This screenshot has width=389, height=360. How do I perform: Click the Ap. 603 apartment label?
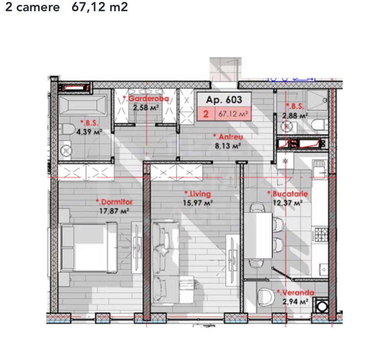[224, 100]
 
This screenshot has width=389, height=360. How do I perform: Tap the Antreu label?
[229, 137]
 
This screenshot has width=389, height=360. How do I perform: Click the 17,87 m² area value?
[114, 211]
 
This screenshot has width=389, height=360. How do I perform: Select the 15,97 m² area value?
[198, 202]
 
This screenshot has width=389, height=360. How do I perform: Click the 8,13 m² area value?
[228, 146]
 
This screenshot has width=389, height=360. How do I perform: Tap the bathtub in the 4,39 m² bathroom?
[82, 106]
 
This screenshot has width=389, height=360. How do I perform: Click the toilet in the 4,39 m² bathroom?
[67, 129]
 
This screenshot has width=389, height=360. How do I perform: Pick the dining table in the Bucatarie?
[258, 235]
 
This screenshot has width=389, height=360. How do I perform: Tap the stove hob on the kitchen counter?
[320, 235]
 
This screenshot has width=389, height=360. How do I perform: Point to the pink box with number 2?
[206, 114]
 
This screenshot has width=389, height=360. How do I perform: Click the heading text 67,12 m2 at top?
[100, 7]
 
